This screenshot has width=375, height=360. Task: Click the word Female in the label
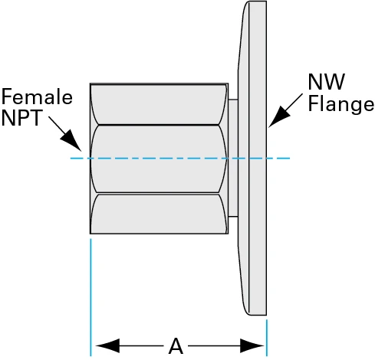coord(37,97)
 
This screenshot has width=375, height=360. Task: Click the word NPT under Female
coord(22,119)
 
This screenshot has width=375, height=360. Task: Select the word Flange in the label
coord(341,103)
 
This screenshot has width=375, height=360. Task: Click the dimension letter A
coord(176,346)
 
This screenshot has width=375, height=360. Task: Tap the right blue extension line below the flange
coord(266,337)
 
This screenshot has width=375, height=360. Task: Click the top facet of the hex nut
coord(159,103)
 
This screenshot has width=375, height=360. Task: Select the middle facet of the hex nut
coord(159,159)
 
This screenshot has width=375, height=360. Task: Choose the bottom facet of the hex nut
coord(159,214)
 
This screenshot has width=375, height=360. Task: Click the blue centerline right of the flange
coord(279,159)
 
